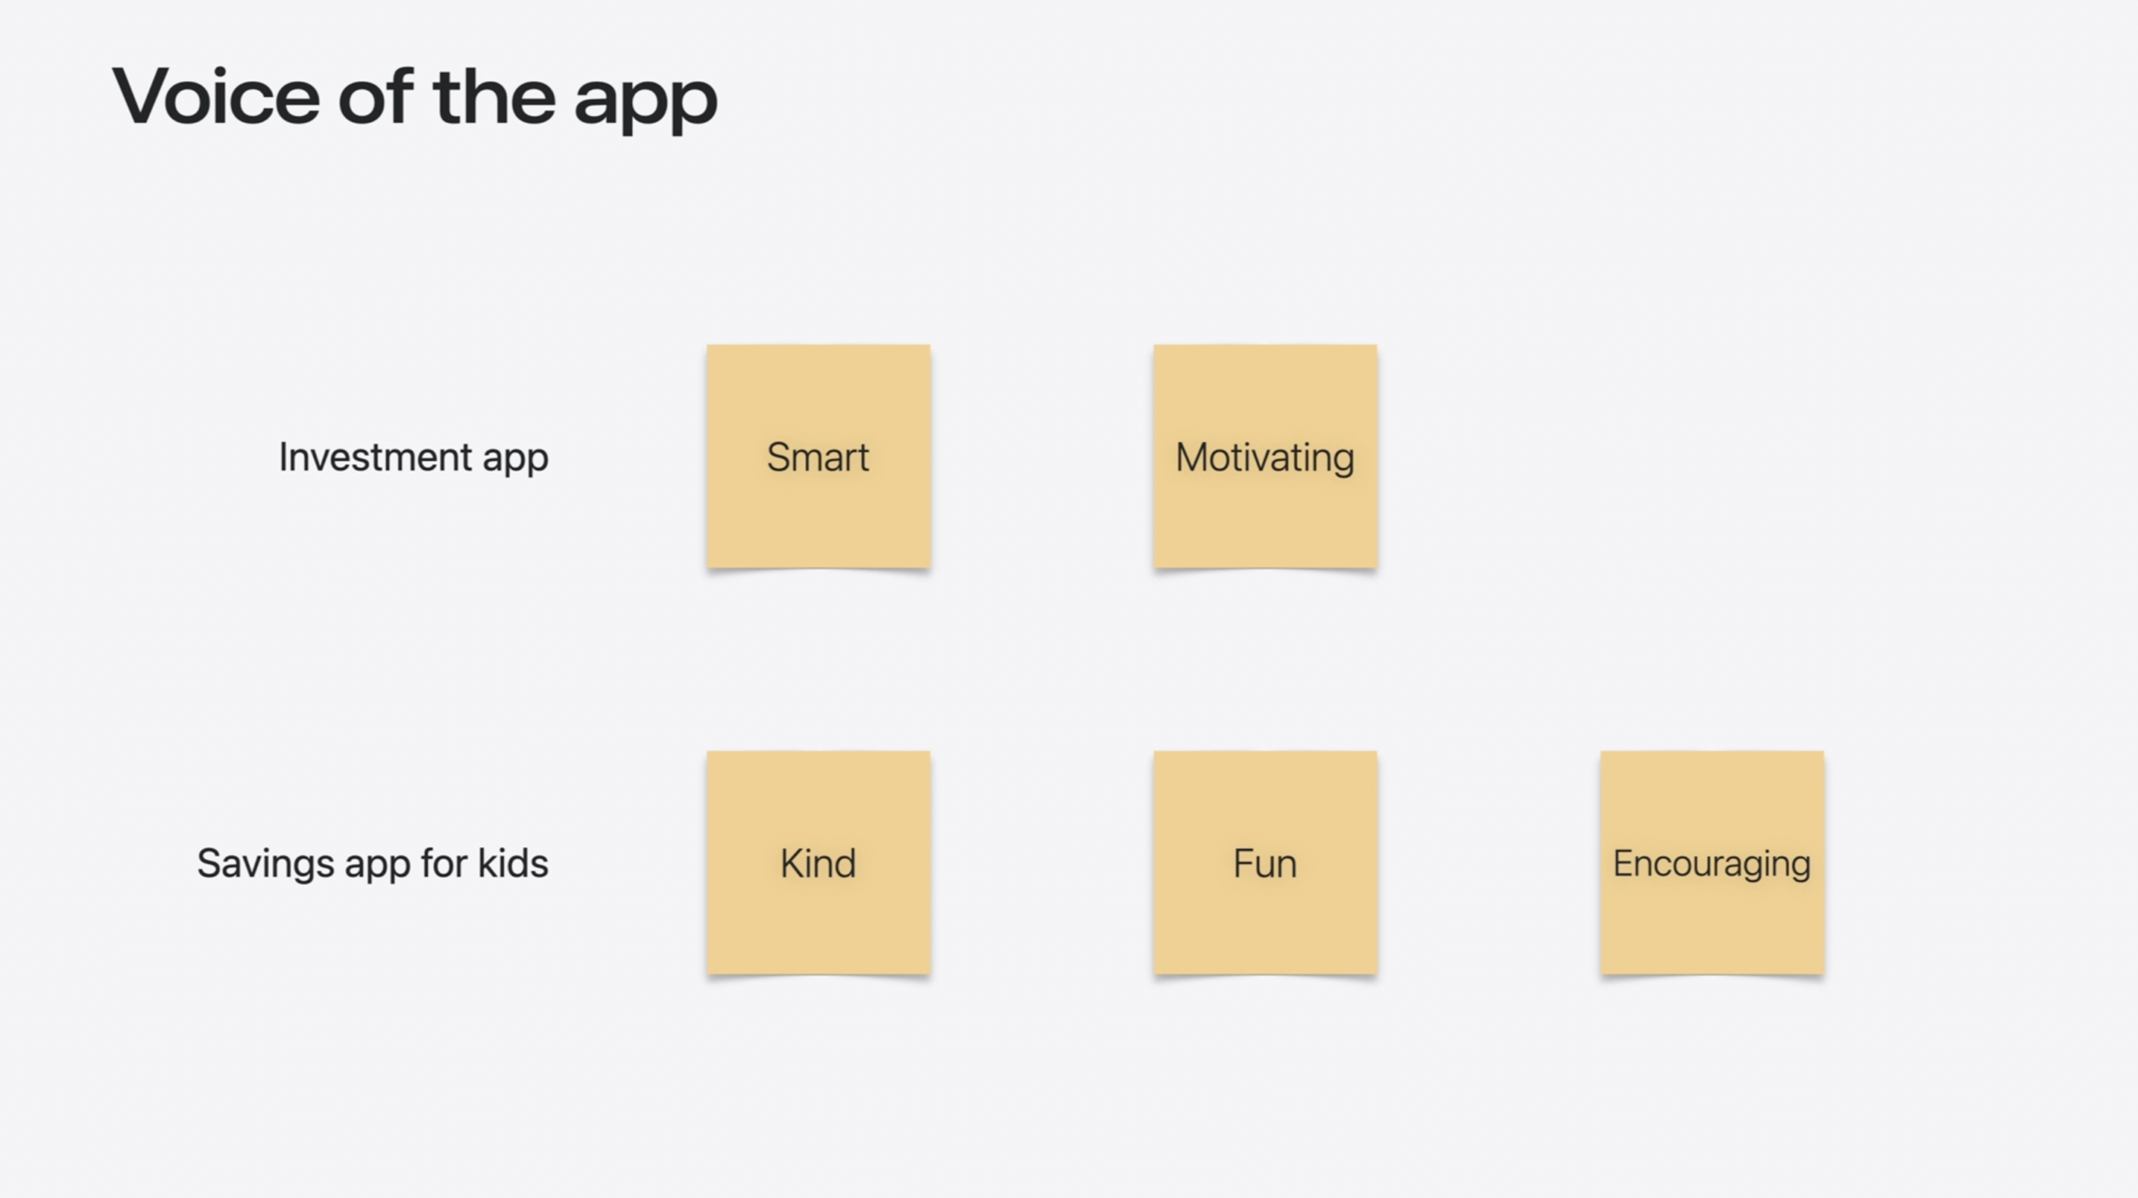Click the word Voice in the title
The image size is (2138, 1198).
[x=215, y=96]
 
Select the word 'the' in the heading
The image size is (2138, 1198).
[x=493, y=96]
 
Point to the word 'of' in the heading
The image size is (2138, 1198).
[x=375, y=96]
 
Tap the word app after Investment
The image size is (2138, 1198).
[x=515, y=460]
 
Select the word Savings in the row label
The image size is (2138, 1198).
[x=265, y=864]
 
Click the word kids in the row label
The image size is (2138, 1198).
[x=513, y=863]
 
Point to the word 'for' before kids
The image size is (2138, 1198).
[x=444, y=863]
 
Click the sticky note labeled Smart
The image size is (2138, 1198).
[x=819, y=456]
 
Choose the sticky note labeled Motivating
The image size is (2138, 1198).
[x=1266, y=456]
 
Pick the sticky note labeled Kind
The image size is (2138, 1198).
[x=819, y=863]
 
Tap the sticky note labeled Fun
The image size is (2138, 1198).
[x=1266, y=863]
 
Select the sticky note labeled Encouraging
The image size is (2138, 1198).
[x=1712, y=863]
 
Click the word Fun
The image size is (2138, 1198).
[x=1265, y=863]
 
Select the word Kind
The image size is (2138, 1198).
[x=819, y=863]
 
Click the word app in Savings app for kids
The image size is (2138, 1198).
[x=378, y=867]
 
